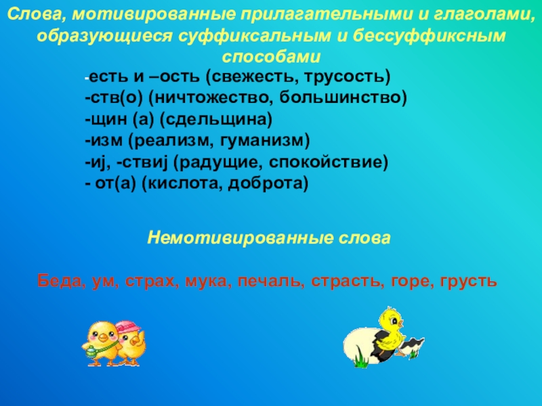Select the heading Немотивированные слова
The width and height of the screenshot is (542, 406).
coord(269,238)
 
